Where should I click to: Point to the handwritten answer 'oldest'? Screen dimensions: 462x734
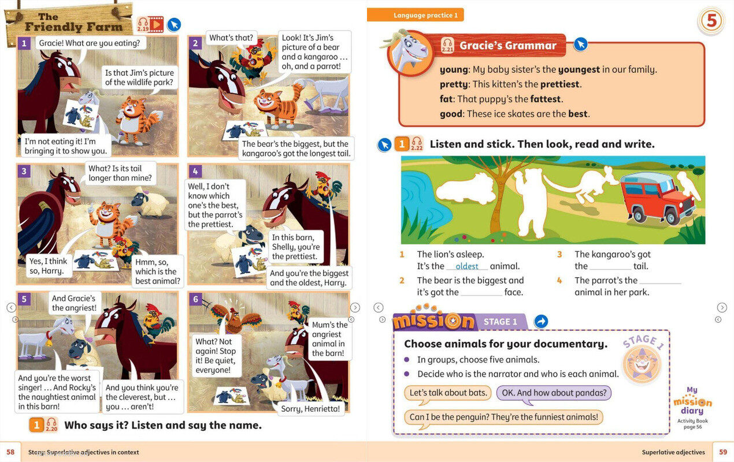(x=466, y=266)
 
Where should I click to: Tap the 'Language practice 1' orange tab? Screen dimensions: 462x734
(x=415, y=16)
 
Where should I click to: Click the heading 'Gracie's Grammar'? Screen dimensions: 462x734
(x=507, y=46)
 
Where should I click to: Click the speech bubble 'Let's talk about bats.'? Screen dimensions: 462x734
(x=448, y=393)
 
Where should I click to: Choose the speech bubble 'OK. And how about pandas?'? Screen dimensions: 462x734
(x=554, y=393)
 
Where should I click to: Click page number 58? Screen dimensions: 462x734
(x=10, y=452)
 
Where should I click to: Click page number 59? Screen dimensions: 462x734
(x=722, y=452)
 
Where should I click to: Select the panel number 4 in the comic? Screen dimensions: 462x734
(x=195, y=171)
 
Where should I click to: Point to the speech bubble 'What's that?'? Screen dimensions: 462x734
(x=231, y=38)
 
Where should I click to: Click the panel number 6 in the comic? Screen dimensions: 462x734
(x=195, y=299)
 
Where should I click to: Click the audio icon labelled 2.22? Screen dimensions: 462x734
(x=416, y=144)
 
